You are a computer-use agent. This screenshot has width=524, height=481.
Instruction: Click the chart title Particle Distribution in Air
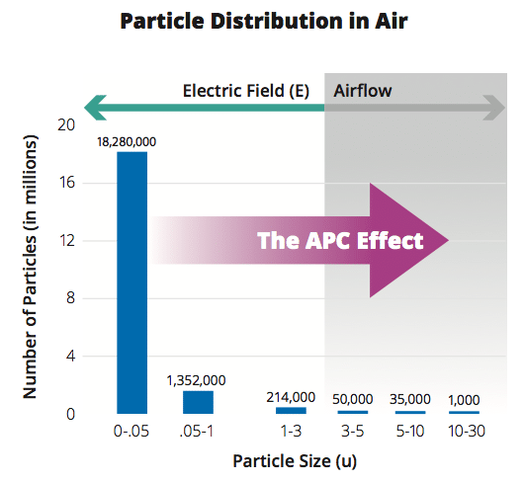[264, 22]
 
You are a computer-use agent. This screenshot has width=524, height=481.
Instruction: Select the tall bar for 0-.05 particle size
[132, 282]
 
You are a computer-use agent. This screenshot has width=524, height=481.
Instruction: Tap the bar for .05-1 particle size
[198, 402]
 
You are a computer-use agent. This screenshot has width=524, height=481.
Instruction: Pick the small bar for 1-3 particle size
[291, 411]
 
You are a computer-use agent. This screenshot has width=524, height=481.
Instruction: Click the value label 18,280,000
[127, 142]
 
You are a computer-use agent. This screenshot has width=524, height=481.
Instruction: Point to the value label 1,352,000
[196, 380]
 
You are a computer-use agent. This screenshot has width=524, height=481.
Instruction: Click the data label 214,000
[291, 397]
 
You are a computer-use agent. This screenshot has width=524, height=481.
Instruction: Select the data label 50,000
[353, 399]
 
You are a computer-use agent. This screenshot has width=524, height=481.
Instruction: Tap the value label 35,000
[410, 399]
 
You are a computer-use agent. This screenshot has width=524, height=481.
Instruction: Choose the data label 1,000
[464, 400]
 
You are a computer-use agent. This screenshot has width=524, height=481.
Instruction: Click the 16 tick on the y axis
[66, 183]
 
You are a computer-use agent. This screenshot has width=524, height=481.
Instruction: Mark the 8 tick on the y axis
[70, 297]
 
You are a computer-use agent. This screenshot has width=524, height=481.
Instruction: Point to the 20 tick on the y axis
[66, 125]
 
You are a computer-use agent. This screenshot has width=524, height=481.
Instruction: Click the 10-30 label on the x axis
[467, 432]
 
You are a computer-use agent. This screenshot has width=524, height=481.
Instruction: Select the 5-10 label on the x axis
[410, 432]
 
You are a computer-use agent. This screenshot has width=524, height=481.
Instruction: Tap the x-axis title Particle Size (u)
[295, 461]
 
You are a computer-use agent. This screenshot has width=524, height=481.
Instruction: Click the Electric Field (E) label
[246, 91]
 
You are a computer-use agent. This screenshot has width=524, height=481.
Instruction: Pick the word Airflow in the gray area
[363, 91]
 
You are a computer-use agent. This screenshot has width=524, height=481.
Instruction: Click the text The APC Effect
[340, 240]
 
